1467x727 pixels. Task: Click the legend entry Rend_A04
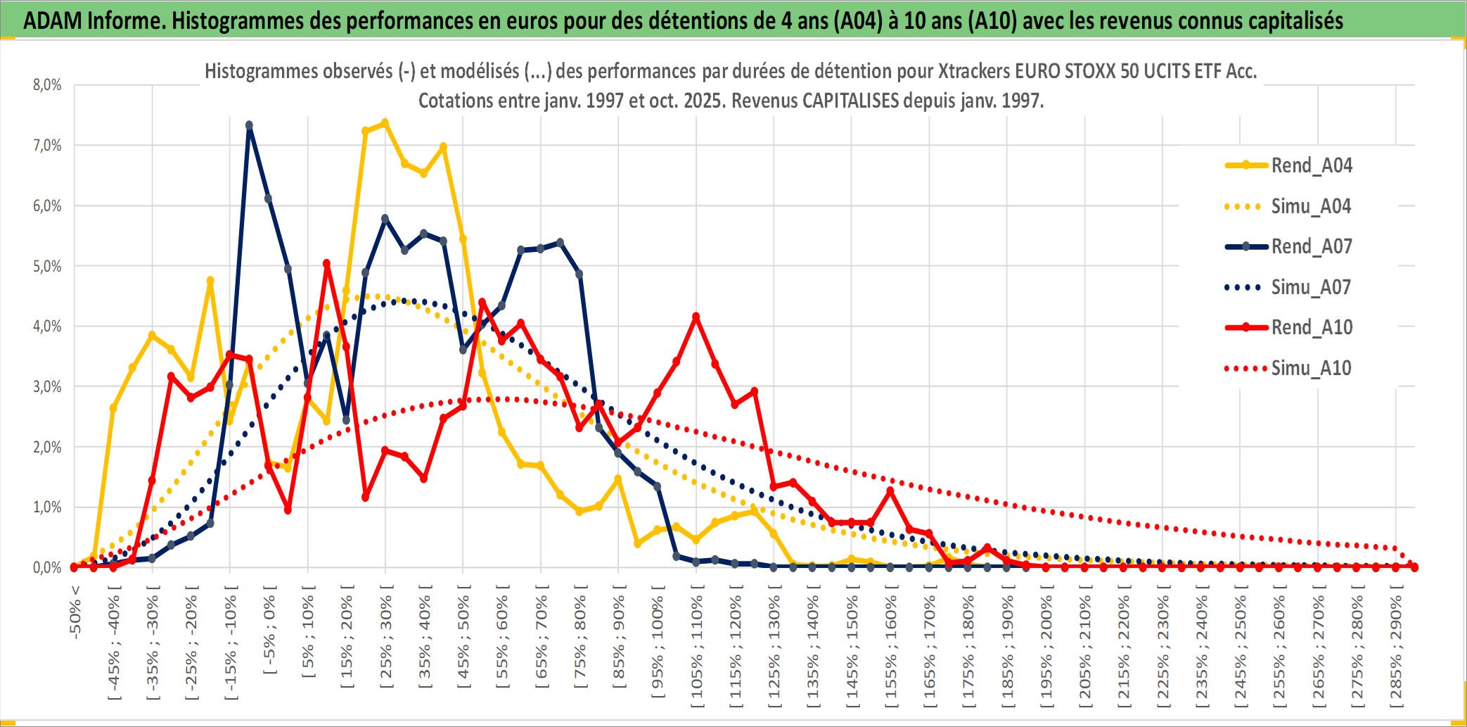point(1311,165)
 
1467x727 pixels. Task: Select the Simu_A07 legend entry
point(1311,287)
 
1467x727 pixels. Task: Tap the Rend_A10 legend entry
point(1311,327)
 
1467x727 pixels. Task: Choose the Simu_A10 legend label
point(1311,368)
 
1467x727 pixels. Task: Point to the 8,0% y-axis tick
point(47,85)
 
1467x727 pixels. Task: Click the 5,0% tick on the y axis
point(47,266)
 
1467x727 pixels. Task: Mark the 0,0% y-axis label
point(47,567)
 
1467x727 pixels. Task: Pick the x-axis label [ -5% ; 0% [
point(269,630)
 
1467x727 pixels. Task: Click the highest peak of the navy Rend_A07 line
point(249,125)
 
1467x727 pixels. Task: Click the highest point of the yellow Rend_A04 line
point(385,122)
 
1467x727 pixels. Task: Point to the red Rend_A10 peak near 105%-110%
point(696,317)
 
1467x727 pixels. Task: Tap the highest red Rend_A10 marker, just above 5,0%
point(326,263)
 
